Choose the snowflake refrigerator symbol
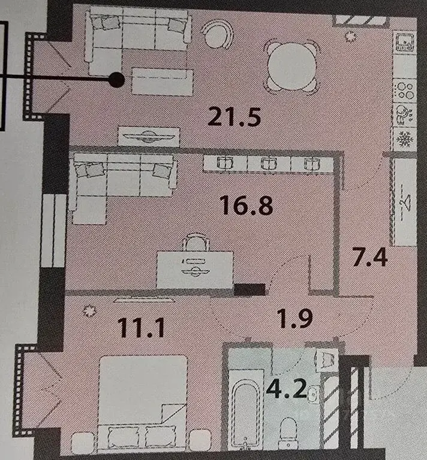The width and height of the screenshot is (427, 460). tap(404, 139)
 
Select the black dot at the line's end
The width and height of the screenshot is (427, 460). tap(118, 78)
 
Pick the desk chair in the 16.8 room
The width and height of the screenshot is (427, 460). tap(195, 243)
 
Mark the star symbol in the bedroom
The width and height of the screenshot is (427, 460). tap(91, 310)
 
